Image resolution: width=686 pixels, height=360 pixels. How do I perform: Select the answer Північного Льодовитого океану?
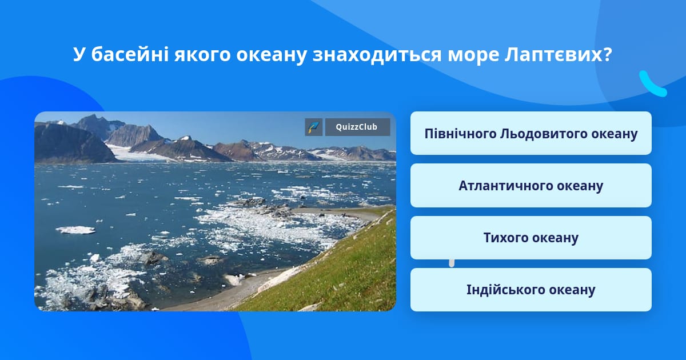(531, 133)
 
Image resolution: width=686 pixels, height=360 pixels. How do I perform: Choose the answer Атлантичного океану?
(531, 186)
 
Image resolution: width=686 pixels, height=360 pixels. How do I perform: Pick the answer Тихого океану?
(531, 238)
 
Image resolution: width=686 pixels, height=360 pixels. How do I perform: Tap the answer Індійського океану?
(531, 290)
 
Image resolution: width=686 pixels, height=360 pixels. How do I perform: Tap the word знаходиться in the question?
(377, 55)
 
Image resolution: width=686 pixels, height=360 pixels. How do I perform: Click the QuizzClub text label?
(357, 127)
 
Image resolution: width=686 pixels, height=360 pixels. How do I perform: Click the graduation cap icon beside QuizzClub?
(314, 127)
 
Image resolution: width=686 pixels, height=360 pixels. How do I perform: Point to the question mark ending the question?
(607, 54)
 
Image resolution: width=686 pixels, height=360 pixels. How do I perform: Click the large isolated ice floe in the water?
(75, 230)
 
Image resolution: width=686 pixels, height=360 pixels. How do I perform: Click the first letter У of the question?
(79, 54)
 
